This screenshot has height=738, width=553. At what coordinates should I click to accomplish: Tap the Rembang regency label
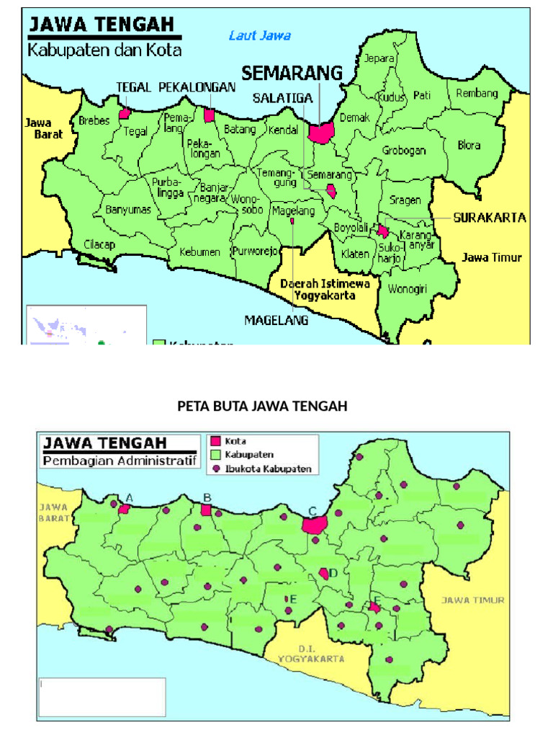pos(477,94)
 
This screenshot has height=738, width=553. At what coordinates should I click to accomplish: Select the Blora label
pos(469,145)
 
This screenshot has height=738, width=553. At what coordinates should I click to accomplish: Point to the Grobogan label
pos(404,151)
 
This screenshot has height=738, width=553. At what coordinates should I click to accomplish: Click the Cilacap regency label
pos(99,244)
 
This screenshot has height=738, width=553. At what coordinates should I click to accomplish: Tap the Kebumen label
pos(199,252)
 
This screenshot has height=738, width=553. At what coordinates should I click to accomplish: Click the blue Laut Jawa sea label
pos(259,35)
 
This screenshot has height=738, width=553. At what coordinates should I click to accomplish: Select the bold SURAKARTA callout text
pos(490,217)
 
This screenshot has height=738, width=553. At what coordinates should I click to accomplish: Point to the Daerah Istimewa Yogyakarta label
pos(325,289)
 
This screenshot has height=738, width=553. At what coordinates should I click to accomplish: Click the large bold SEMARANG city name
pos(292,73)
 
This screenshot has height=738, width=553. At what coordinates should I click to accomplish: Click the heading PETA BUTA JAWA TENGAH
pos(262,406)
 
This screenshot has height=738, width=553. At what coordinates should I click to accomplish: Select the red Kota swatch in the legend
pos(215,441)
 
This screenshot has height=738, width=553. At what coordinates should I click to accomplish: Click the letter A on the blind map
pos(130,497)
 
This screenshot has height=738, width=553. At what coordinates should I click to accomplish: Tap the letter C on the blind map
pos(312,511)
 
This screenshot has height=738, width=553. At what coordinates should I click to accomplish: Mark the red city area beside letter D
pos(325,574)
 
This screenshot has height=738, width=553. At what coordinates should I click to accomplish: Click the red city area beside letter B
pos(207,510)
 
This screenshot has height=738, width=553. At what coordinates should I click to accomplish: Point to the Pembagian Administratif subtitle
pos(120,461)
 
